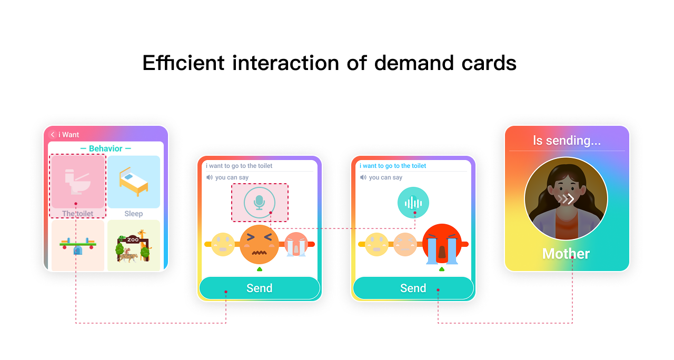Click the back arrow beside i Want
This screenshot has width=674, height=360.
tap(53, 134)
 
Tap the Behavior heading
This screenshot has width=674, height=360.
tap(106, 148)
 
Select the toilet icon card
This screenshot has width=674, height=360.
tap(78, 182)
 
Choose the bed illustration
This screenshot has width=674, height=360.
tap(134, 182)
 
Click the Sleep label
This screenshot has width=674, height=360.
tap(134, 214)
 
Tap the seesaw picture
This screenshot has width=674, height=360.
tap(78, 246)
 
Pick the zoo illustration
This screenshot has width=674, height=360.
tap(133, 246)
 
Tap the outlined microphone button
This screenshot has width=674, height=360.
tap(260, 203)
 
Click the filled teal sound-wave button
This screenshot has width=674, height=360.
tap(413, 203)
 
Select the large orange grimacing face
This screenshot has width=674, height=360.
tap(259, 244)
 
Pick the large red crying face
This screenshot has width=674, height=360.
tap(442, 244)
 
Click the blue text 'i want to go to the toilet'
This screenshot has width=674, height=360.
tap(393, 166)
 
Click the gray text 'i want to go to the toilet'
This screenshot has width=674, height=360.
tap(239, 166)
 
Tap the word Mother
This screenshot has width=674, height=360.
tap(566, 254)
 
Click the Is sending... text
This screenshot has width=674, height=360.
tap(567, 141)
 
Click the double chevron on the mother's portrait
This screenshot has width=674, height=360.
tap(566, 199)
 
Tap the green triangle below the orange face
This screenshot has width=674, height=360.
tap(260, 269)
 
